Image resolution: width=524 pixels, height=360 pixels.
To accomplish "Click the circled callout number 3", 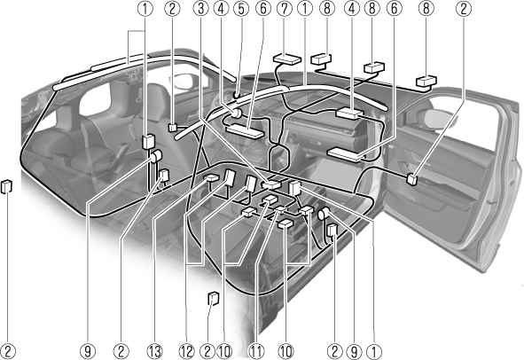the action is coord(201,9).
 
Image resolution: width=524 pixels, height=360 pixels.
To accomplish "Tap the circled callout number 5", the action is coord(241,9).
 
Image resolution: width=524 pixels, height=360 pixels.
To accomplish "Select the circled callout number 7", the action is coord(285,9).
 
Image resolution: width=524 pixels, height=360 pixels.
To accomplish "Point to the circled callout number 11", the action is coord(255,352).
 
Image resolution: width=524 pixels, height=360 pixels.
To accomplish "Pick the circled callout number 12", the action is coord(186,352).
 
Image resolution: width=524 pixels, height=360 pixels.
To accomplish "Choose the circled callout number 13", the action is coord(154,352).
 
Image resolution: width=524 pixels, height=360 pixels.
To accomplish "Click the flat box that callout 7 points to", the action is coord(287,59).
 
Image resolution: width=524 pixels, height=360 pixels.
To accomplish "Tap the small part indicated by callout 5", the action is coord(236,95).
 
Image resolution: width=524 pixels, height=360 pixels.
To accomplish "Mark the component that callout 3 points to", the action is coord(271,184).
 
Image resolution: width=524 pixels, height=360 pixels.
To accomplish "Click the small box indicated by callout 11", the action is coord(280,209).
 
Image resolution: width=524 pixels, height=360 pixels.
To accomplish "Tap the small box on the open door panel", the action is coord(412,179).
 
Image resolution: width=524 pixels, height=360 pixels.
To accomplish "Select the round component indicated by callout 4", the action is coord(236,113).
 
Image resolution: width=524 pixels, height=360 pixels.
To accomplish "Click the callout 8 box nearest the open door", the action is coord(426,82).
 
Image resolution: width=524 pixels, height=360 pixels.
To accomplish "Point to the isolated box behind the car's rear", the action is coord(7,186).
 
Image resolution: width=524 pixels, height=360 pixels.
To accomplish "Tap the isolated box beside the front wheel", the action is coord(214,298).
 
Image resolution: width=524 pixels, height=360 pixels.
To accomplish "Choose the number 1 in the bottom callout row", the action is coord(374,352).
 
